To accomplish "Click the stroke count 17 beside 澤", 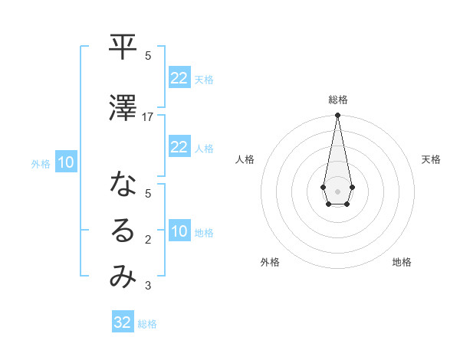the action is (148, 117).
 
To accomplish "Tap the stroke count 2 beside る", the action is (148, 240).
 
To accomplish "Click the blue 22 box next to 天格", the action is (179, 78).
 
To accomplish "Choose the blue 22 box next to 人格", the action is (179, 147).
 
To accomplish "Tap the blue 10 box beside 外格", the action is (66, 162).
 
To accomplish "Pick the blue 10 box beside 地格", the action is (179, 232).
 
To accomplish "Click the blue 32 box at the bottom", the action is (123, 322).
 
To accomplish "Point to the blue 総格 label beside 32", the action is (147, 324).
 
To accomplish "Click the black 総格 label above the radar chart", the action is (337, 100).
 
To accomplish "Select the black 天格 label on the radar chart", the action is (431, 159).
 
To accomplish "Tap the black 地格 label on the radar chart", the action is (402, 262).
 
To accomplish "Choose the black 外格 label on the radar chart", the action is (270, 262).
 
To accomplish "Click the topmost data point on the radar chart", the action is (337, 116).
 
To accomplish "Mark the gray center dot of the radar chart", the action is (337, 190).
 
